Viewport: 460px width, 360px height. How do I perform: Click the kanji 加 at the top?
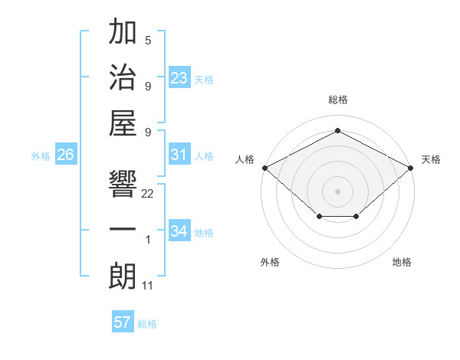click(x=123, y=33)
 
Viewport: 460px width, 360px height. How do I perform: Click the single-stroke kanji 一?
click(x=123, y=231)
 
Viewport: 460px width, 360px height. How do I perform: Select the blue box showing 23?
click(x=179, y=77)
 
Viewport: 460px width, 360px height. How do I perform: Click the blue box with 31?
click(x=179, y=155)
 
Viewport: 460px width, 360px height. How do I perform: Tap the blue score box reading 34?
click(x=179, y=231)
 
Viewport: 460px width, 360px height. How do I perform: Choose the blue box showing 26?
click(x=65, y=155)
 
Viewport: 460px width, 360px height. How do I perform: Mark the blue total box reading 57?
click(x=123, y=322)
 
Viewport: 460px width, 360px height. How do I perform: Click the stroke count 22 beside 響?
click(x=148, y=194)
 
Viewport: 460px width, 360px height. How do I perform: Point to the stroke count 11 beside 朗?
click(x=148, y=286)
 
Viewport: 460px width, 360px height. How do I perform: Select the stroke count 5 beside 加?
click(x=148, y=40)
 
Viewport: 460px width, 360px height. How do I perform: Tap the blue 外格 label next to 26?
click(x=41, y=156)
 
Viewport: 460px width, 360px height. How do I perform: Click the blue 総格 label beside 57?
click(x=147, y=324)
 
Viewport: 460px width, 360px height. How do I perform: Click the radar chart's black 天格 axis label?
click(x=431, y=159)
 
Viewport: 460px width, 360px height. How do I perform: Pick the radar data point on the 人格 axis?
click(x=264, y=168)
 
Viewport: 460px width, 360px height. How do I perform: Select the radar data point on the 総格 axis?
click(x=337, y=131)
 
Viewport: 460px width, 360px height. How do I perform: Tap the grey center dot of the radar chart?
click(x=337, y=191)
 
